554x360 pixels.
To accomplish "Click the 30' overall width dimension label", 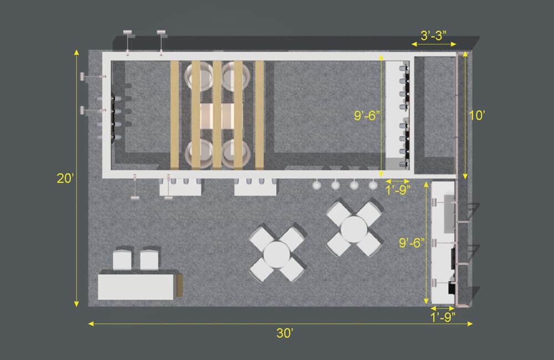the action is (285, 333).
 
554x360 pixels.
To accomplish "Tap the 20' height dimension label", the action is (65, 178).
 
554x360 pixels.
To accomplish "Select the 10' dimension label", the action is (477, 115).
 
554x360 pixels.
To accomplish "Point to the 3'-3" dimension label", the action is (434, 35).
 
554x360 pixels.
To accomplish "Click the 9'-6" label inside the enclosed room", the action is (367, 116).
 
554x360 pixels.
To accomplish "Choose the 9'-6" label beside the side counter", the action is (412, 243).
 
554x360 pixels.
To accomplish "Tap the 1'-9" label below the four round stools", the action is (398, 190).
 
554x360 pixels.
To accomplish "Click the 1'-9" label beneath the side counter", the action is (443, 317).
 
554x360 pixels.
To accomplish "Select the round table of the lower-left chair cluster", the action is (276, 254).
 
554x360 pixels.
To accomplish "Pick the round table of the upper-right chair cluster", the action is (354, 229).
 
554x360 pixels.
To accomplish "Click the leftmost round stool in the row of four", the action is (317, 184).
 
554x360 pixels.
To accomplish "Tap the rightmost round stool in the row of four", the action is (373, 184).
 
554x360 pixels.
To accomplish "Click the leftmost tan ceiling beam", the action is (175, 115).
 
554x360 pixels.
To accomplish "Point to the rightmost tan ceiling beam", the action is (260, 115).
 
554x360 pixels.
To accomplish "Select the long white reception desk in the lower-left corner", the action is (136, 287).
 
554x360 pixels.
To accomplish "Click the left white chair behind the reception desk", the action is (122, 260).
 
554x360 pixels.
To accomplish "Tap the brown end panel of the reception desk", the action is (179, 285).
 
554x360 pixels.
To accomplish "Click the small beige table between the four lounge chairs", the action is (217, 116).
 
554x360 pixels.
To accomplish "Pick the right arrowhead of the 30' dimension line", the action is (470, 323).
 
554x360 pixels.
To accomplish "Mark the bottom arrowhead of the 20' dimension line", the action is (76, 304).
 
